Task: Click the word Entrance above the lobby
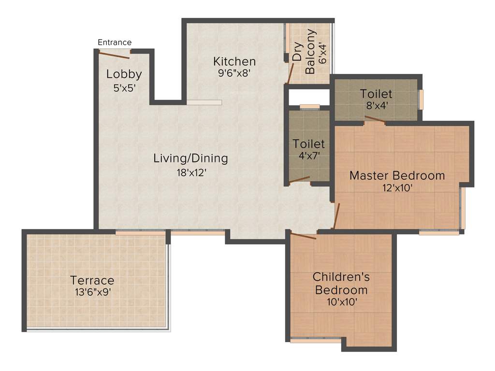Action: click(x=115, y=43)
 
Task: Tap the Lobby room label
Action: click(x=124, y=74)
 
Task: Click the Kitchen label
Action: click(x=234, y=61)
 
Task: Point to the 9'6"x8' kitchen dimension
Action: click(x=234, y=73)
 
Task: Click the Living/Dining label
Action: click(x=190, y=158)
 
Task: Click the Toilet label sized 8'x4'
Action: click(x=376, y=94)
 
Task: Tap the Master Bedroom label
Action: click(x=397, y=175)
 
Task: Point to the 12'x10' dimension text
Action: click(x=396, y=188)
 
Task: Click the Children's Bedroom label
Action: click(x=341, y=284)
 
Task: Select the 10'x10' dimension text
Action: click(x=342, y=302)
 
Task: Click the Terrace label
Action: click(x=92, y=280)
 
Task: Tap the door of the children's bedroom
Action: click(x=303, y=236)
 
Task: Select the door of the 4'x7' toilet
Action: click(x=300, y=180)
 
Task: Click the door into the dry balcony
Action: click(x=290, y=72)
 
